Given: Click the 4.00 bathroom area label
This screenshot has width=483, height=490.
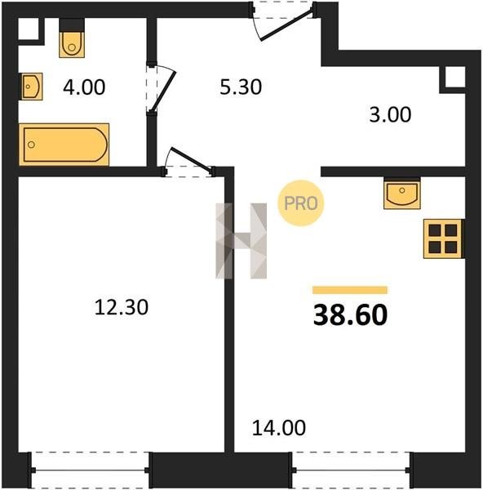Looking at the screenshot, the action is pyautogui.click(x=84, y=87).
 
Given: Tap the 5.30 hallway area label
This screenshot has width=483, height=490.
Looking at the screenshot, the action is pyautogui.click(x=241, y=87).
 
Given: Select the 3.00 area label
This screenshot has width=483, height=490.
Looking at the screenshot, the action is pyautogui.click(x=390, y=114).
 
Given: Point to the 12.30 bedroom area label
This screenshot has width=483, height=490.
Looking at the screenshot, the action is pyautogui.click(x=121, y=307).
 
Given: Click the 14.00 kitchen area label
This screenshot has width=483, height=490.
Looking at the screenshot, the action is pyautogui.click(x=279, y=428).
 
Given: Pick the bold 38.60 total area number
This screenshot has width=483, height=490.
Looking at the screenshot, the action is pyautogui.click(x=350, y=315).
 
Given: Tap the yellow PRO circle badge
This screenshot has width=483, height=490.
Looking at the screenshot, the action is pyautogui.click(x=301, y=203).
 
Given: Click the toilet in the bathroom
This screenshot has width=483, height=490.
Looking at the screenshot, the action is pyautogui.click(x=72, y=38).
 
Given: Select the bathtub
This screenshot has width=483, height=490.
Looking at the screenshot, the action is pyautogui.click(x=64, y=145).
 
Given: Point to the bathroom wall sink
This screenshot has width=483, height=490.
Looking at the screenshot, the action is pyautogui.click(x=32, y=87).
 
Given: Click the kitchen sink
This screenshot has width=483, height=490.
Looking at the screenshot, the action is pyautogui.click(x=402, y=194).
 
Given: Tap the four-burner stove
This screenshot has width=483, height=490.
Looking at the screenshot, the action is pyautogui.click(x=443, y=239).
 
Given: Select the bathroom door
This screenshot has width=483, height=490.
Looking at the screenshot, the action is pyautogui.click(x=162, y=88).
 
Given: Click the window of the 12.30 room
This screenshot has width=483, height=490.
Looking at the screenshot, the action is pyautogui.click(x=91, y=470).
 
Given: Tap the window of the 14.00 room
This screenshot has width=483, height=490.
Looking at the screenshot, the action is pyautogui.click(x=352, y=470).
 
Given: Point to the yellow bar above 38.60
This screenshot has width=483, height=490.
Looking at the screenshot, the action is pyautogui.click(x=350, y=290).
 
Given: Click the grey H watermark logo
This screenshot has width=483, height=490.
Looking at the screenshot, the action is pyautogui.click(x=241, y=241).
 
